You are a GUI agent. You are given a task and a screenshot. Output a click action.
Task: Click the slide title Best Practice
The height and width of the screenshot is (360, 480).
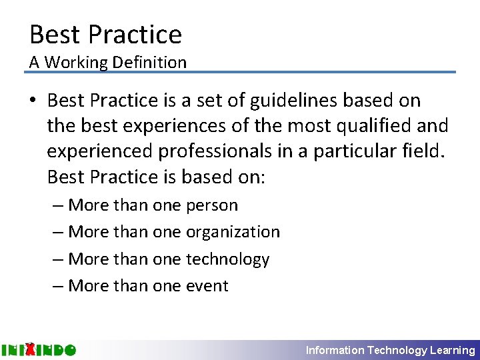click(x=105, y=34)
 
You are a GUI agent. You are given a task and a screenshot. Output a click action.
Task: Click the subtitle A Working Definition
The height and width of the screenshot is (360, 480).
click(x=107, y=63)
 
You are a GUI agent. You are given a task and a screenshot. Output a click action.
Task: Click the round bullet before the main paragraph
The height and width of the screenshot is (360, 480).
click(x=33, y=101)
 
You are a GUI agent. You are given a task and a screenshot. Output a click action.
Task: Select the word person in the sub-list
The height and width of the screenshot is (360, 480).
click(x=211, y=205)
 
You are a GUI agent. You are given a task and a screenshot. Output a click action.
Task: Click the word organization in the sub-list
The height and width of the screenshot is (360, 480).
click(x=233, y=232)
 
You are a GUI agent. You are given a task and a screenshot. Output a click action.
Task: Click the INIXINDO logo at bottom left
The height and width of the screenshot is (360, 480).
click(x=39, y=349)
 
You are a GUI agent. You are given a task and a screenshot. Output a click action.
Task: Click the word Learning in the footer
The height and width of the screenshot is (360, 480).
click(x=453, y=350)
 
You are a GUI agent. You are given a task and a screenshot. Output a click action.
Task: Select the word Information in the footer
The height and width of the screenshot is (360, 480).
click(x=335, y=350)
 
